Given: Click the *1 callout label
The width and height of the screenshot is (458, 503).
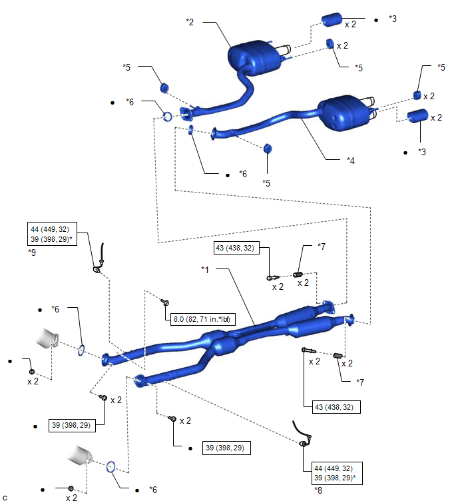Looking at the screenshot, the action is point(205,270).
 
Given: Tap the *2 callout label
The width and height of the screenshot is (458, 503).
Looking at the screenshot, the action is point(190,22).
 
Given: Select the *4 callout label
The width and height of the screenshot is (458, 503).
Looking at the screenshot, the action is point(351,161).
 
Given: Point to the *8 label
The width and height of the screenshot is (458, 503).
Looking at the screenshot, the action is point(318,490).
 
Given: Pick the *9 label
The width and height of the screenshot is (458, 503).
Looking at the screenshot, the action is point(32,252).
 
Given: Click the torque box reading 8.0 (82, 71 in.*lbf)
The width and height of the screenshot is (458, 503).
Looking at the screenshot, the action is point(202,319).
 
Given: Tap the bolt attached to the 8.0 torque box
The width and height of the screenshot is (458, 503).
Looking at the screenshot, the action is point(164,302).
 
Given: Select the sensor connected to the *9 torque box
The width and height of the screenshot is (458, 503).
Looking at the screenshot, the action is point(99,260).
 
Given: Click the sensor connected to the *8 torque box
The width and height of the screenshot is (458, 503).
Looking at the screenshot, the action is point(302,434).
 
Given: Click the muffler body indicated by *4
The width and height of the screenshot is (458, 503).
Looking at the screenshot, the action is point(343,113).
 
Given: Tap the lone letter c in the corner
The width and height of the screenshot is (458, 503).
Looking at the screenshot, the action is point(5,498).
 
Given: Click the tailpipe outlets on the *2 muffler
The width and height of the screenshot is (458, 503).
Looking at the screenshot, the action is point(286,50).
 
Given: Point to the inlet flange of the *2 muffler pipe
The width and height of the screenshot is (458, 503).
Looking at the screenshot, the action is point(186,114).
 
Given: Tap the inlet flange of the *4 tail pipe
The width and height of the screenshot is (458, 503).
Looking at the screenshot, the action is point(214,133).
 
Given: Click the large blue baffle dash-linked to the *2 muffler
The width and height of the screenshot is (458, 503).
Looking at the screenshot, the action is point(332,19).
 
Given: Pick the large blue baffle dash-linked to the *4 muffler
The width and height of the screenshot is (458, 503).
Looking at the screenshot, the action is point(417,116).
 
